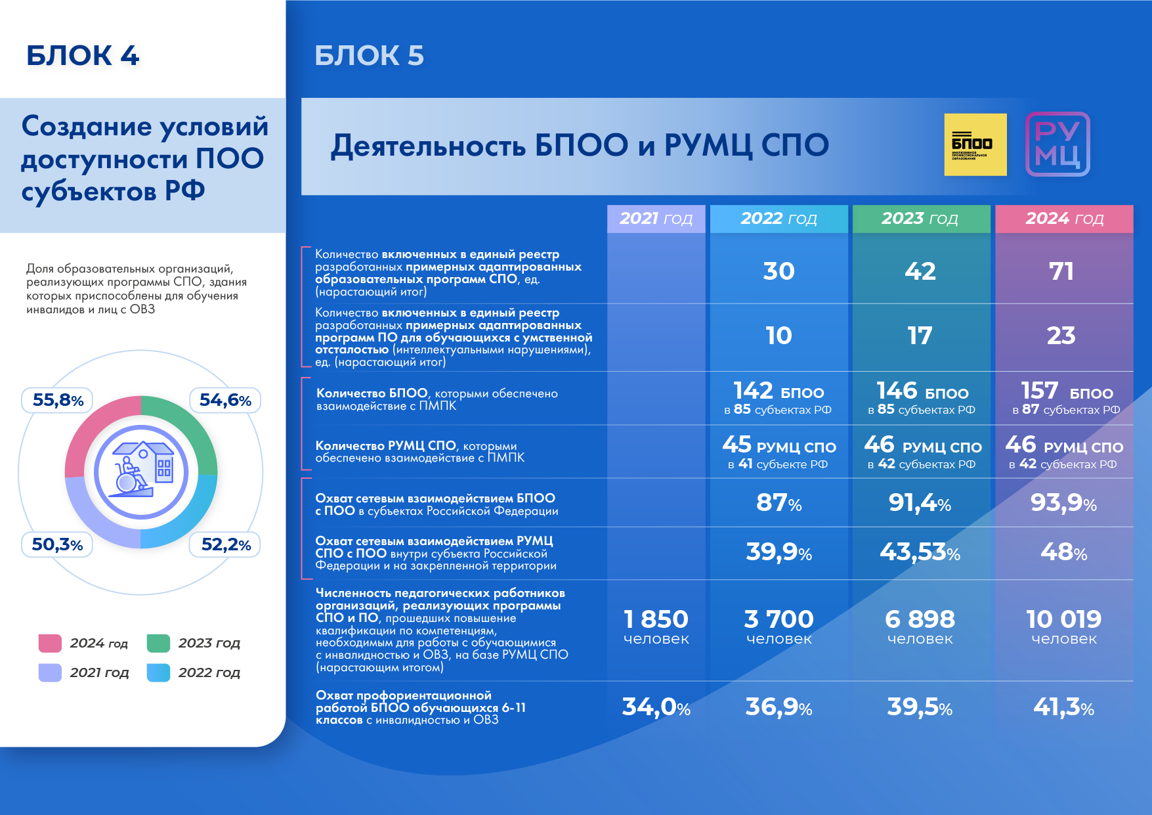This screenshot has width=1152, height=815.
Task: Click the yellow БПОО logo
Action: [x=975, y=144]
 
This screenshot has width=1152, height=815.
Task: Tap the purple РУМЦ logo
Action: [x=1057, y=144]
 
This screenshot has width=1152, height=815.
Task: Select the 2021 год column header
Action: [x=656, y=219]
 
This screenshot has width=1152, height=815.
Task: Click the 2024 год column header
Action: [x=1064, y=219]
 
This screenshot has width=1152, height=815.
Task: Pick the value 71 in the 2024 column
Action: [x=1061, y=271]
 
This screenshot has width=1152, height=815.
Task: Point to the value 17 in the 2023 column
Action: [x=920, y=336]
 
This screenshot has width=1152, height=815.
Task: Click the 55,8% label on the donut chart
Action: [x=58, y=400]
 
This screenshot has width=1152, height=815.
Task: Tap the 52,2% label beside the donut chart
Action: [x=226, y=544]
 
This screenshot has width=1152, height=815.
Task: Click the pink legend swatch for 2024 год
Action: [x=50, y=643]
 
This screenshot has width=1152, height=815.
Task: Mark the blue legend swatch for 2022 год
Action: [x=158, y=672]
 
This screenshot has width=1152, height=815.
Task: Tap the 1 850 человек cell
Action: [x=656, y=627]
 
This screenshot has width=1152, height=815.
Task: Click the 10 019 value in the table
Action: [x=1063, y=619]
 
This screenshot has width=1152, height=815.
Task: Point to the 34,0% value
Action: [x=656, y=707]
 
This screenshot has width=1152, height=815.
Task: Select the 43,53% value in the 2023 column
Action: [x=920, y=552]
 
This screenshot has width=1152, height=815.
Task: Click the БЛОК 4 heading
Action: [x=83, y=56]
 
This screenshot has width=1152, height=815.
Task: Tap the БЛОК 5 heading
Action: [x=369, y=56]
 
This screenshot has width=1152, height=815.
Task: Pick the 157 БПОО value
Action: [x=1067, y=391]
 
